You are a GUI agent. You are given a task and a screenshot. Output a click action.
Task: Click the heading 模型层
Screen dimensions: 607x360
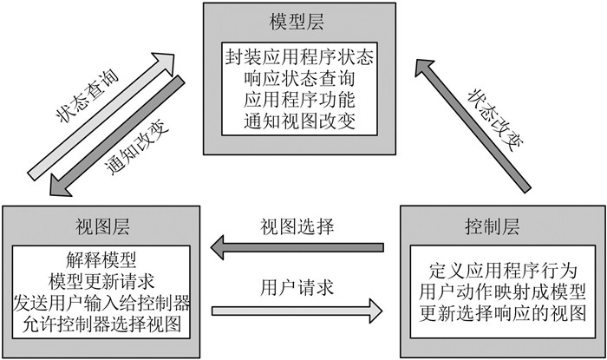pyautogui.click(x=297, y=22)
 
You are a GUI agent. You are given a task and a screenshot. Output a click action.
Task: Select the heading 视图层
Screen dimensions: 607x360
pyautogui.click(x=102, y=226)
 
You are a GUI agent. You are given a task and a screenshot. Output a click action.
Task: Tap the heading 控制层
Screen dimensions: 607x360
pyautogui.click(x=492, y=226)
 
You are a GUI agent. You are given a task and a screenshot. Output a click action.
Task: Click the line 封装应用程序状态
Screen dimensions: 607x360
pyautogui.click(x=299, y=57)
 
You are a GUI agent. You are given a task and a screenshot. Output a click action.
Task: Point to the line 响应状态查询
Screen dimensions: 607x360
pyautogui.click(x=299, y=79)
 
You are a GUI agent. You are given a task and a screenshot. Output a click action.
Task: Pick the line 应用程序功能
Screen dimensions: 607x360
pyautogui.click(x=299, y=100)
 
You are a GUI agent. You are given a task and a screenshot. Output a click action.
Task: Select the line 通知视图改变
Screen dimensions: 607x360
pyautogui.click(x=299, y=121)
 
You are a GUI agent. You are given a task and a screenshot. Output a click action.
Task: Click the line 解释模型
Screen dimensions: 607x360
pyautogui.click(x=101, y=259)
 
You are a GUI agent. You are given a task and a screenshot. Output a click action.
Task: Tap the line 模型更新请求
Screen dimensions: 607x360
pyautogui.click(x=101, y=281)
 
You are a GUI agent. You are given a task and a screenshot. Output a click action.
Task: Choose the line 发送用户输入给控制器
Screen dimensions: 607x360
pyautogui.click(x=101, y=303)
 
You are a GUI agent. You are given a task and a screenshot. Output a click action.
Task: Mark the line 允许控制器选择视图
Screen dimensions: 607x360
pyautogui.click(x=101, y=324)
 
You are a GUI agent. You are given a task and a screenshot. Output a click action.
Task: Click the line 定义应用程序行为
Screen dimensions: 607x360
pyautogui.click(x=502, y=271)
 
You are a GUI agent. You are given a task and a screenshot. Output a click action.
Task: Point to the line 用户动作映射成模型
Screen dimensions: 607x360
pyautogui.click(x=502, y=291)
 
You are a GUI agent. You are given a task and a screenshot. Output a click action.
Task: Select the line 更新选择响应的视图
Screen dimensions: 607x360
pyautogui.click(x=502, y=313)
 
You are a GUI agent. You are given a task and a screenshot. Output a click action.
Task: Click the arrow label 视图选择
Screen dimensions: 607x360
pyautogui.click(x=297, y=226)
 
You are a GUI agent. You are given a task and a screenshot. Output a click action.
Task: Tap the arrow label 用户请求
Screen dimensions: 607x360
pyautogui.click(x=297, y=288)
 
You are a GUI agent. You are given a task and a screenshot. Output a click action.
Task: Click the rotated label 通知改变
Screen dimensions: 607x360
pyautogui.click(x=137, y=147)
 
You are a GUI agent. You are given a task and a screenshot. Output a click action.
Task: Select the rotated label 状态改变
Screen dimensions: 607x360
pyautogui.click(x=496, y=120)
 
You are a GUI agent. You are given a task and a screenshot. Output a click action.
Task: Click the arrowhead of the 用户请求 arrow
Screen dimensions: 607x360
pyautogui.click(x=375, y=311)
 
